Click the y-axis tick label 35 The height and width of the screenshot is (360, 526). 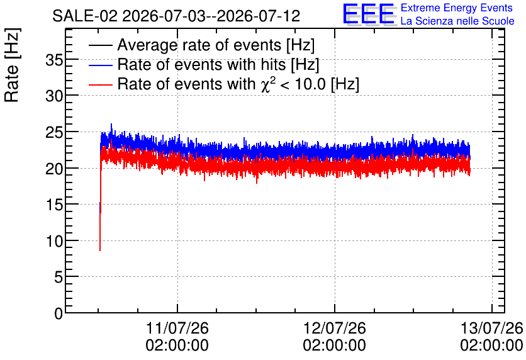point(54,60)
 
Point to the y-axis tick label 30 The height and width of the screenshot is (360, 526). point(54,97)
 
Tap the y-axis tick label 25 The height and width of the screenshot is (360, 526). point(54,133)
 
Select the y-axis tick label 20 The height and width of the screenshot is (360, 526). point(54,169)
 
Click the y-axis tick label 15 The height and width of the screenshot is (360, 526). point(54,205)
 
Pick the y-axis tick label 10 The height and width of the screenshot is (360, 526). point(54,241)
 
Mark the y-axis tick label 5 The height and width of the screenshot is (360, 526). point(59,277)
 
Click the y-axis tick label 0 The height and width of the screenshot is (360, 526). point(59,313)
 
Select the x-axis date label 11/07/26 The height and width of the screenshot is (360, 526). point(177,328)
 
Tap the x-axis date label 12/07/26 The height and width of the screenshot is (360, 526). point(335,328)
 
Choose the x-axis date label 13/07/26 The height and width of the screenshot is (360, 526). point(491,328)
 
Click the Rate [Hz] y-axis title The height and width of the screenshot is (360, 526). point(12,65)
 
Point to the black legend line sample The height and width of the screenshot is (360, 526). point(100,45)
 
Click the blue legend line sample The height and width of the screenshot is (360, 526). point(100,65)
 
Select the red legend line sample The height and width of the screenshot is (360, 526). point(100,84)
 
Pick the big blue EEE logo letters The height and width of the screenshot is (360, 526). point(368,14)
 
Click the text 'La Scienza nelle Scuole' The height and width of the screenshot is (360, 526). point(457,21)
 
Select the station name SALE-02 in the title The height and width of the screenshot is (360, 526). point(85,16)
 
